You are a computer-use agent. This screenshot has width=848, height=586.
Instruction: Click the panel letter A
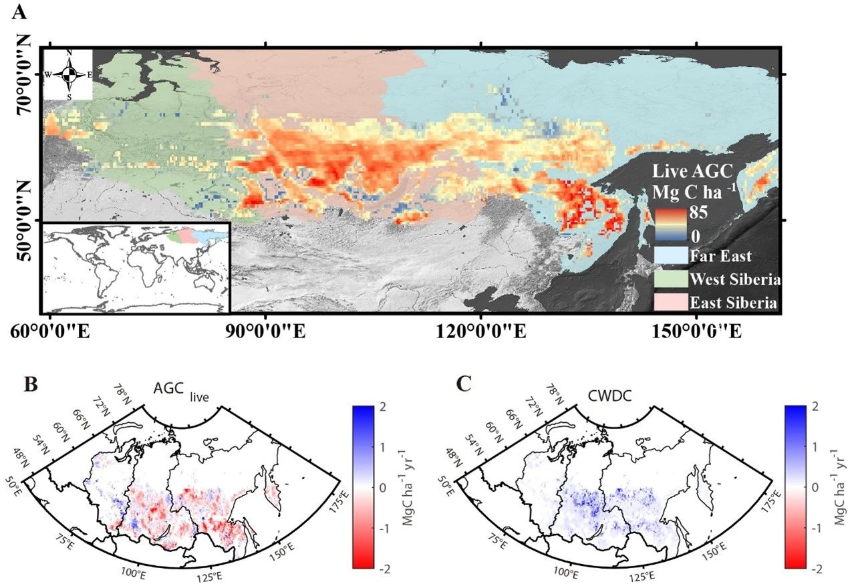point(21,11)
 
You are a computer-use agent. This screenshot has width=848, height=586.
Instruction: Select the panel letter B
point(29,386)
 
